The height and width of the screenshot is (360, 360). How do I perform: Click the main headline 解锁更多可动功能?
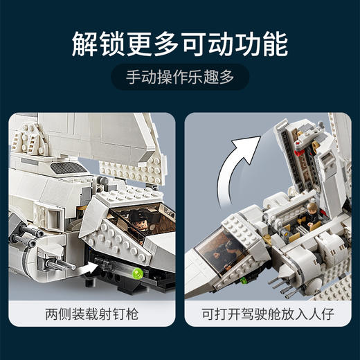tap(179, 42)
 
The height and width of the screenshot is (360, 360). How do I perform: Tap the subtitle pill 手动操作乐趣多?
tap(179, 78)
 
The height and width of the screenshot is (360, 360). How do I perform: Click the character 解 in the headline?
tap(86, 42)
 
